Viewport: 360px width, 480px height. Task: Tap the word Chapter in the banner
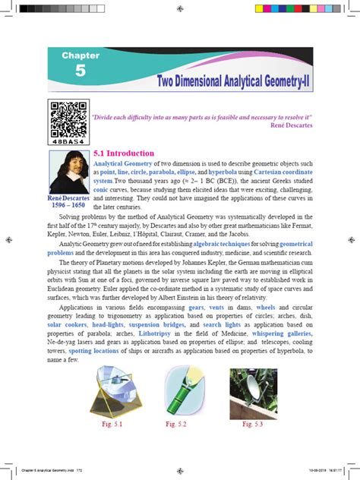[81, 55]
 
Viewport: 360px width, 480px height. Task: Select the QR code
[66, 113]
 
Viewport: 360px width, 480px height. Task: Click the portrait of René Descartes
[68, 172]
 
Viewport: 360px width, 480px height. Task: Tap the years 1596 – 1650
[68, 205]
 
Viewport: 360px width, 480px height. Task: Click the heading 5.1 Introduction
[123, 153]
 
